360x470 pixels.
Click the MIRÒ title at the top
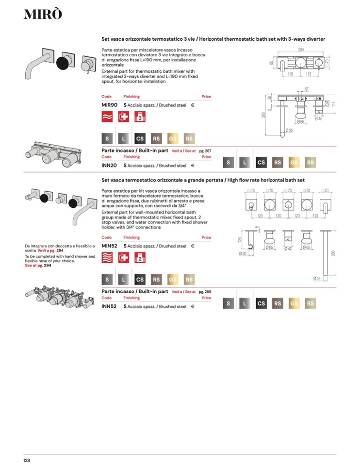pyautogui.click(x=43, y=15)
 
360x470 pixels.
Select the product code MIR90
pyautogui.click(x=109, y=104)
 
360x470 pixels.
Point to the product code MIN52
pyautogui.click(x=109, y=246)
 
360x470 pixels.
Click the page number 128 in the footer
pyautogui.click(x=27, y=460)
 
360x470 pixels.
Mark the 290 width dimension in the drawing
pyautogui.click(x=301, y=50)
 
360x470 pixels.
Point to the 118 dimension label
pyautogui.click(x=290, y=74)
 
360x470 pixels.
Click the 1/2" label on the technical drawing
pyautogui.click(x=306, y=89)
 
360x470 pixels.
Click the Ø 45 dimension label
pyautogui.click(x=319, y=118)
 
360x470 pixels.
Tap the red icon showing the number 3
pyautogui.click(x=140, y=117)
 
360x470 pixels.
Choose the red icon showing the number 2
pyautogui.click(x=140, y=258)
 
